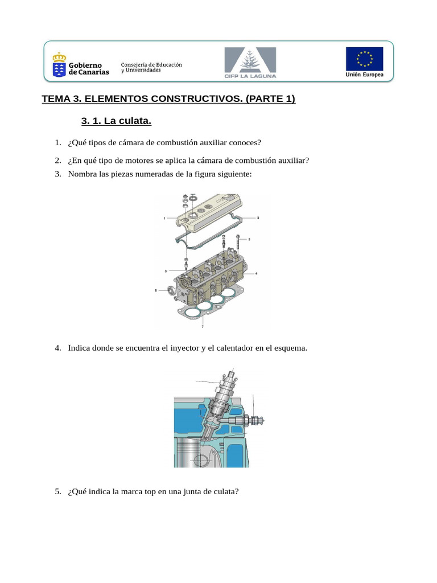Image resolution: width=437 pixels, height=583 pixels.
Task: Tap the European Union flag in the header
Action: tap(364, 59)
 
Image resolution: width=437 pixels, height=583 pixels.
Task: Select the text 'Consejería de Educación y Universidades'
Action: tap(151, 67)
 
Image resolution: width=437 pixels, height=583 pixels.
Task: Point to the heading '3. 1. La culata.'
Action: tap(116, 121)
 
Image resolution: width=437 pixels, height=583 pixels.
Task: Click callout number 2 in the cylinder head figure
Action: tap(258, 218)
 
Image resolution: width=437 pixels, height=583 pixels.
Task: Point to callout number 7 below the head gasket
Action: tap(203, 327)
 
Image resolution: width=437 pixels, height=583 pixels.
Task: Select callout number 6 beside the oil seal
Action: tap(155, 290)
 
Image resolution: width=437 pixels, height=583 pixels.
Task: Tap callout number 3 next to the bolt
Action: tap(249, 240)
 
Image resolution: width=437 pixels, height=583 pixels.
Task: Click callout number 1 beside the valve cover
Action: tap(164, 218)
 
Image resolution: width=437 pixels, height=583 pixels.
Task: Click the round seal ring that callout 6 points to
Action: tap(168, 293)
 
